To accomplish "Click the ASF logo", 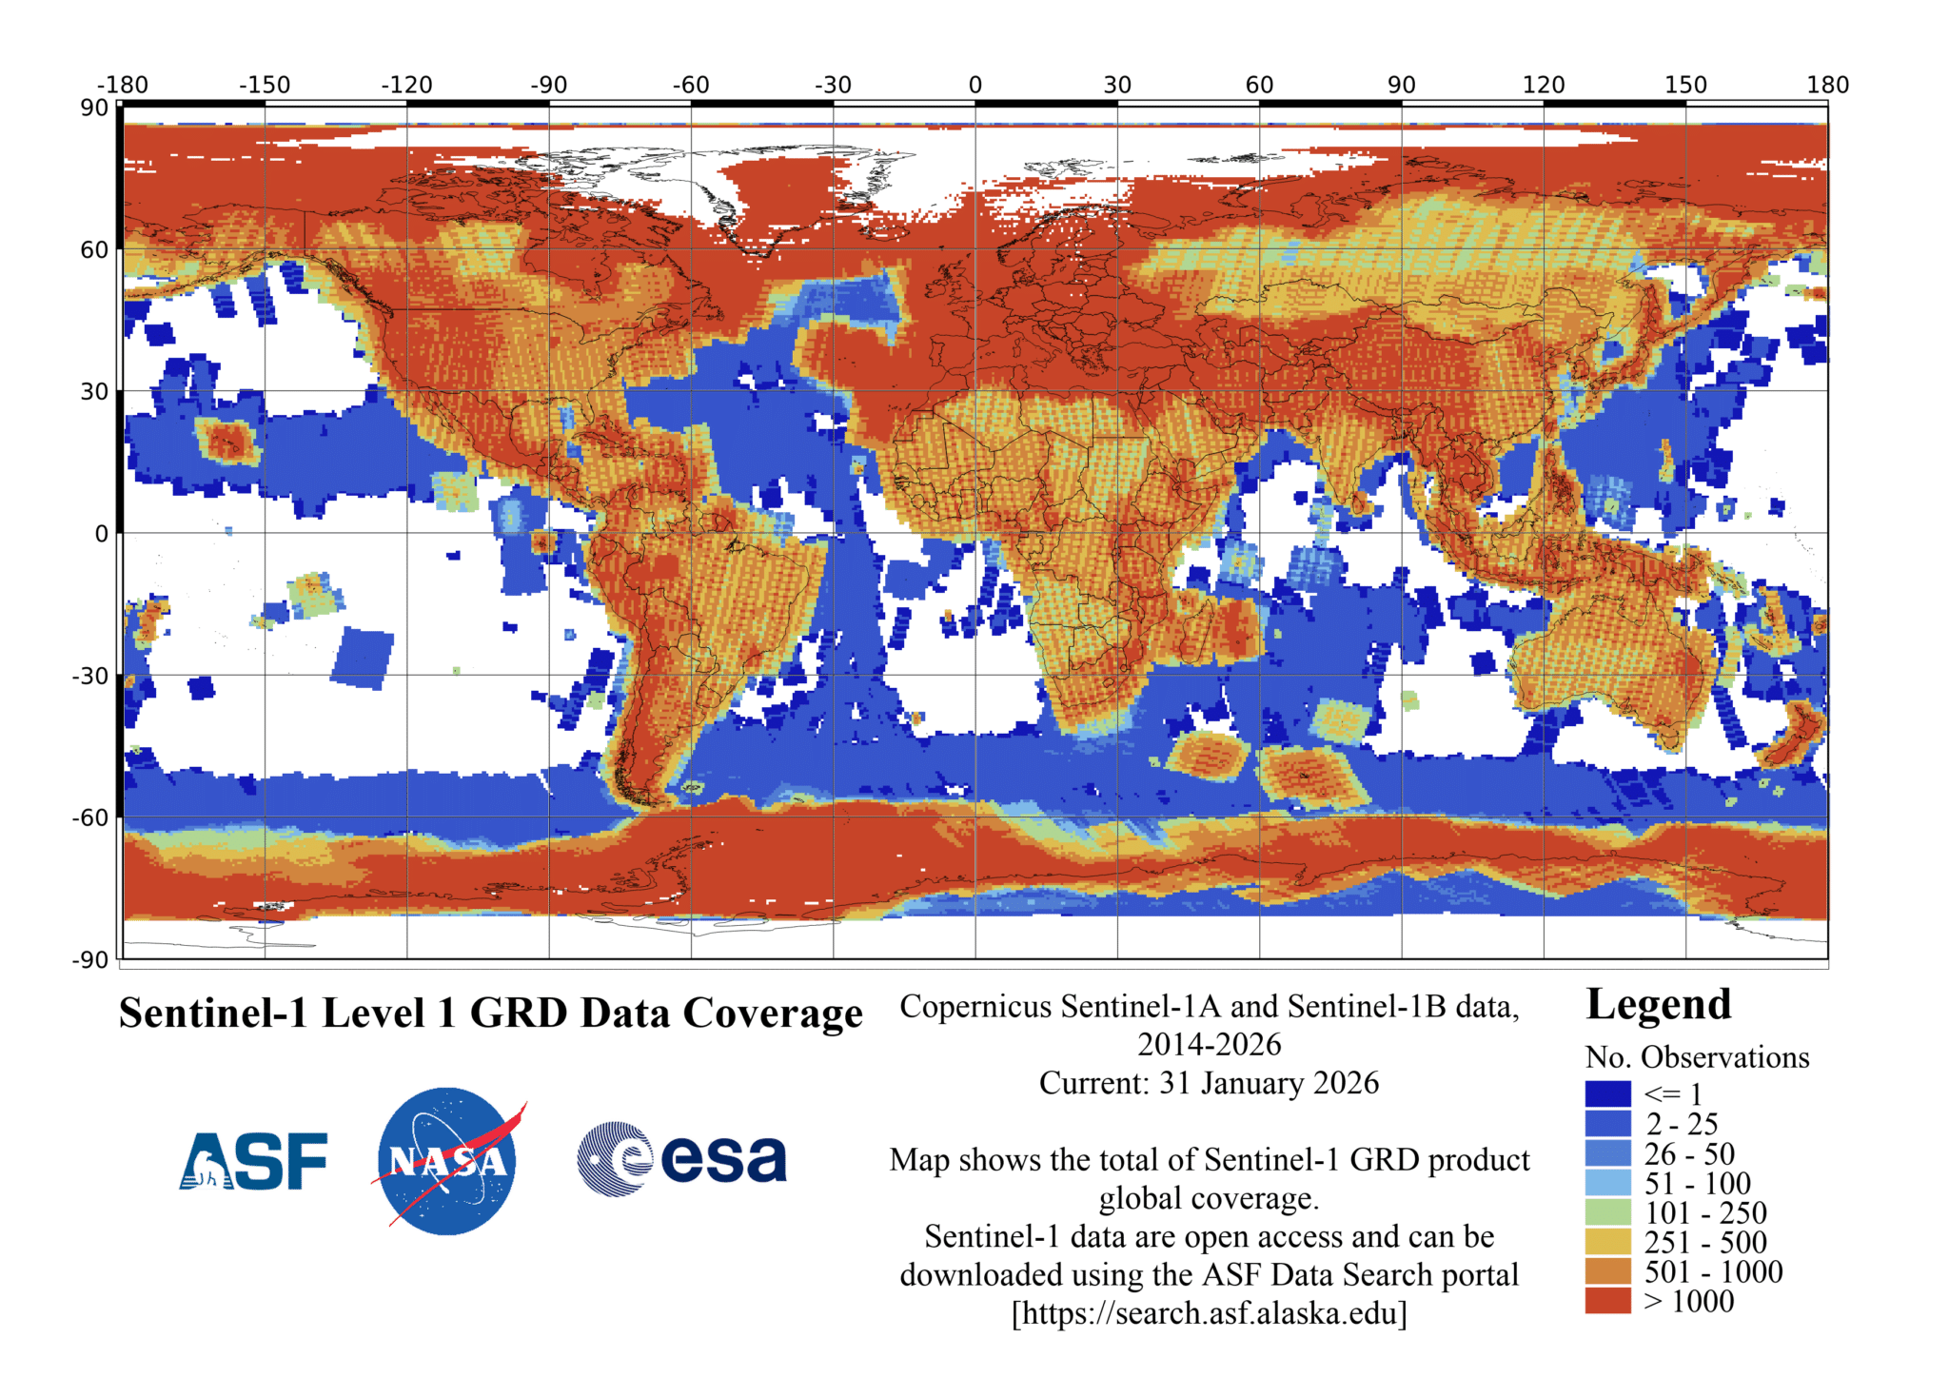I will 253,1161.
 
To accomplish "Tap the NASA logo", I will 447,1161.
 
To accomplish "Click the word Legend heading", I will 1659,1005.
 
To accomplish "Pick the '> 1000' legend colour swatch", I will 1607,1300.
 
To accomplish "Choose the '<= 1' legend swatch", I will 1607,1093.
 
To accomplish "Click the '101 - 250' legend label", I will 1705,1212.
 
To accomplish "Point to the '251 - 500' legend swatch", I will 1607,1241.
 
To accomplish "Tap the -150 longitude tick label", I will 264,85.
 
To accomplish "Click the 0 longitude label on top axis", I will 975,85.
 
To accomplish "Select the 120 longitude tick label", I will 1544,85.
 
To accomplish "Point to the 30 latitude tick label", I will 94,391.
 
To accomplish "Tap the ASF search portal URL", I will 1209,1313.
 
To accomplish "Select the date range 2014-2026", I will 1209,1045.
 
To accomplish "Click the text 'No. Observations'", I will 1697,1057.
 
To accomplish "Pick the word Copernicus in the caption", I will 975,1007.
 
